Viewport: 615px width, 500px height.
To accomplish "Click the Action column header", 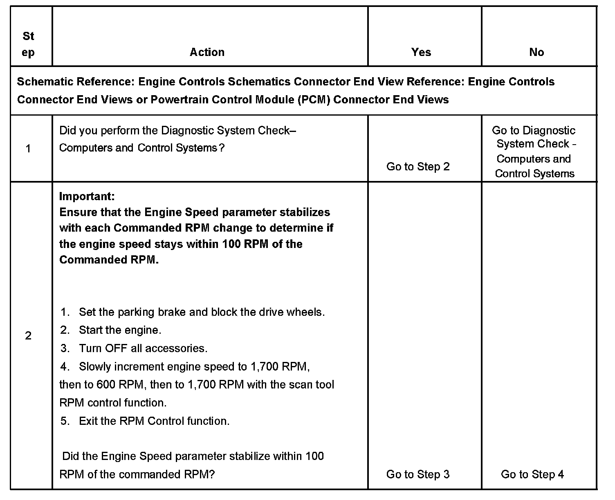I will (x=207, y=52).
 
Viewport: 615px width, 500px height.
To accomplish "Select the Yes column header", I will (x=421, y=52).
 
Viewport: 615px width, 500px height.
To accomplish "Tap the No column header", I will (x=536, y=52).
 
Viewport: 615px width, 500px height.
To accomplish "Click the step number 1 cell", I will (x=28, y=149).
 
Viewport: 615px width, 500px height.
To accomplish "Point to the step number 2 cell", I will (x=28, y=336).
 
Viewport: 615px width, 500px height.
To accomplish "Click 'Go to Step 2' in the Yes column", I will (x=418, y=167).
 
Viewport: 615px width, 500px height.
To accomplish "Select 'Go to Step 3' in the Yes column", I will (x=418, y=474).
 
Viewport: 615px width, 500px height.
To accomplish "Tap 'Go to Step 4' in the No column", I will (x=532, y=474).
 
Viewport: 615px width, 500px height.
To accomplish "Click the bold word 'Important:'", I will (x=87, y=196).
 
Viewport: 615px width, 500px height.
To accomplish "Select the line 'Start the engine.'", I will (x=120, y=330).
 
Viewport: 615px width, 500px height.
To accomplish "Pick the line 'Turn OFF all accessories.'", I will (x=143, y=348).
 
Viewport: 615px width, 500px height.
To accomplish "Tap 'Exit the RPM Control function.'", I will (x=154, y=421).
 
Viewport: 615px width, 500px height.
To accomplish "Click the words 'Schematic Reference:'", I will (x=76, y=82).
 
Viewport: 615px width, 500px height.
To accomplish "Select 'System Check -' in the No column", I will (x=536, y=144).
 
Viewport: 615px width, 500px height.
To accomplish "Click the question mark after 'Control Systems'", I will (x=222, y=148).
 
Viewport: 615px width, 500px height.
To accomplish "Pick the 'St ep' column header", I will (x=28, y=44).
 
